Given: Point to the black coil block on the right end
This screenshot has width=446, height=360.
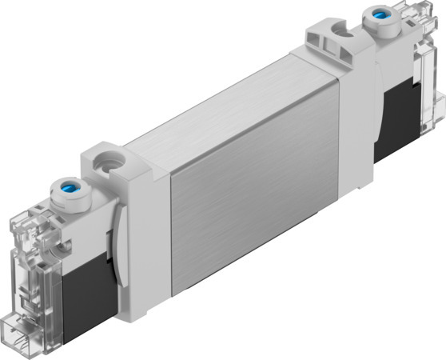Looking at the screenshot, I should [401, 119].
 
